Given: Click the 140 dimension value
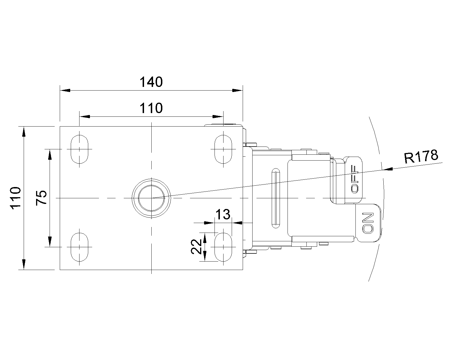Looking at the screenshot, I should pyautogui.click(x=151, y=82).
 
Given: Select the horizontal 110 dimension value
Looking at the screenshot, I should pyautogui.click(x=151, y=108).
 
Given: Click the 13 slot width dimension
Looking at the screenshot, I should pyautogui.click(x=223, y=215).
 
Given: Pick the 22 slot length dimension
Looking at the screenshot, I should pyautogui.click(x=196, y=247).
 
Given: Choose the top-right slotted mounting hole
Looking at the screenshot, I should pyautogui.click(x=223, y=149).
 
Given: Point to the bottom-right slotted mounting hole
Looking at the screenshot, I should pyautogui.click(x=223, y=247).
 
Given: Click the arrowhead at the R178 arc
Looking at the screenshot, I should pyautogui.click(x=388, y=169).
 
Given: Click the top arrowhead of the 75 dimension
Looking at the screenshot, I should pyautogui.click(x=50, y=155).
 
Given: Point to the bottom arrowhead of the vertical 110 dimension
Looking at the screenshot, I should pyautogui.click(x=24, y=264).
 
